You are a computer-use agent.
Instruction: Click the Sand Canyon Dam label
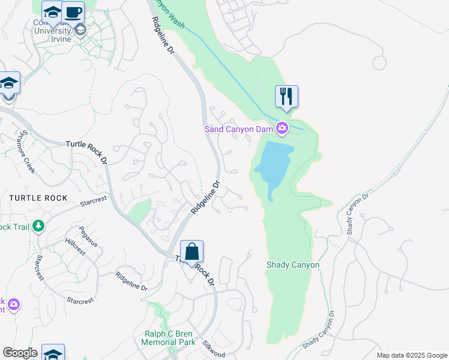(239, 128)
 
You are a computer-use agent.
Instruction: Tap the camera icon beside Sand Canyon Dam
(282, 128)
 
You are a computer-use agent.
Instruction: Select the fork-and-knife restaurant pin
(286, 96)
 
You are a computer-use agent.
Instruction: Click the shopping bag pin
(191, 252)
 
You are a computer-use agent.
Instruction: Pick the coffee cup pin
(73, 12)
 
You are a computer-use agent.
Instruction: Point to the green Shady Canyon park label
(292, 265)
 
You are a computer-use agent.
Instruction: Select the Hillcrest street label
(75, 247)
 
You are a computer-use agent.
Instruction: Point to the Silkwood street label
(213, 347)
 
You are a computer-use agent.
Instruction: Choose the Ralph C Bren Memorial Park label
(168, 338)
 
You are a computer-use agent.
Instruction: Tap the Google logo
(20, 353)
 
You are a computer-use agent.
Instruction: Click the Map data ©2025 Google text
(412, 355)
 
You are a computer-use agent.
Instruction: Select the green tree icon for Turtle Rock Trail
(39, 226)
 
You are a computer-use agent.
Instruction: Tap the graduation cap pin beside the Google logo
(52, 354)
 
